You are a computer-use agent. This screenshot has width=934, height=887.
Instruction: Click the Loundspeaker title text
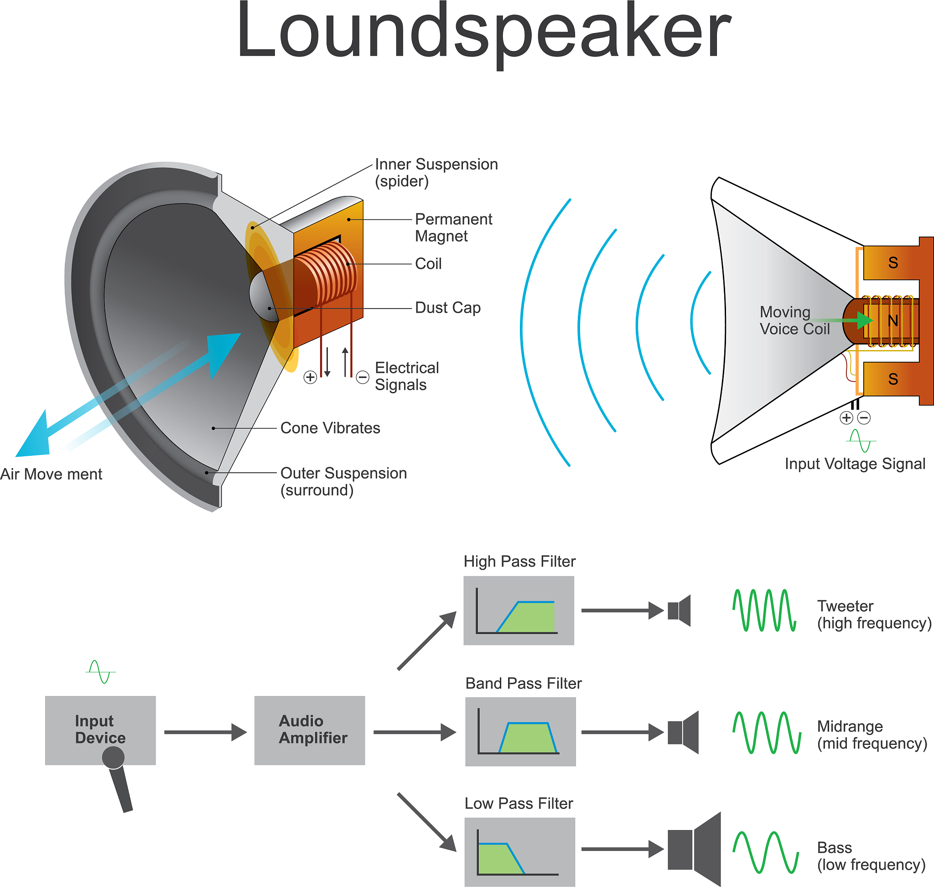pyautogui.click(x=483, y=33)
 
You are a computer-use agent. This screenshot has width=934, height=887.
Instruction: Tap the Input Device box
pyautogui.click(x=100, y=730)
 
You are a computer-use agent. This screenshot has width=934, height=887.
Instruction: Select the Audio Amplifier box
pyautogui.click(x=310, y=730)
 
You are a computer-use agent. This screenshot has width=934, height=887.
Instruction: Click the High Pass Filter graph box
pyautogui.click(x=519, y=610)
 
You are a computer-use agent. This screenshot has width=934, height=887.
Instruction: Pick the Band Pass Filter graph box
pyautogui.click(x=520, y=732)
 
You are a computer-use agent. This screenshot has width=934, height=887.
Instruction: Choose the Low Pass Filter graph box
pyautogui.click(x=519, y=851)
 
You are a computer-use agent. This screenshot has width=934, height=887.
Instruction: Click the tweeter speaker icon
pyautogui.click(x=680, y=610)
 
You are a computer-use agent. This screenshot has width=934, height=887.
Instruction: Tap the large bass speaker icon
pyautogui.click(x=695, y=849)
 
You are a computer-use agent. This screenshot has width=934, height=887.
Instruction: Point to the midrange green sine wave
pyautogui.click(x=767, y=732)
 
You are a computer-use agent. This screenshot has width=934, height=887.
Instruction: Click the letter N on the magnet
pyautogui.click(x=892, y=320)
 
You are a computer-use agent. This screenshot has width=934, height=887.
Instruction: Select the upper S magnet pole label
pyautogui.click(x=893, y=263)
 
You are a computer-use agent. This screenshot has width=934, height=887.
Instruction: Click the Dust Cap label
pyautogui.click(x=447, y=308)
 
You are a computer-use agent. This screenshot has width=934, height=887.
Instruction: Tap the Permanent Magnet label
pyautogui.click(x=453, y=227)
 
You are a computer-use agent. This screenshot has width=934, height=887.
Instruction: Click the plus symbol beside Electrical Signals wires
pyautogui.click(x=310, y=377)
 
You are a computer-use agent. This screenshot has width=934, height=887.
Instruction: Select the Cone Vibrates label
pyautogui.click(x=330, y=428)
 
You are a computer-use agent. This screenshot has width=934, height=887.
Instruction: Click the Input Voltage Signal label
pyautogui.click(x=855, y=464)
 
